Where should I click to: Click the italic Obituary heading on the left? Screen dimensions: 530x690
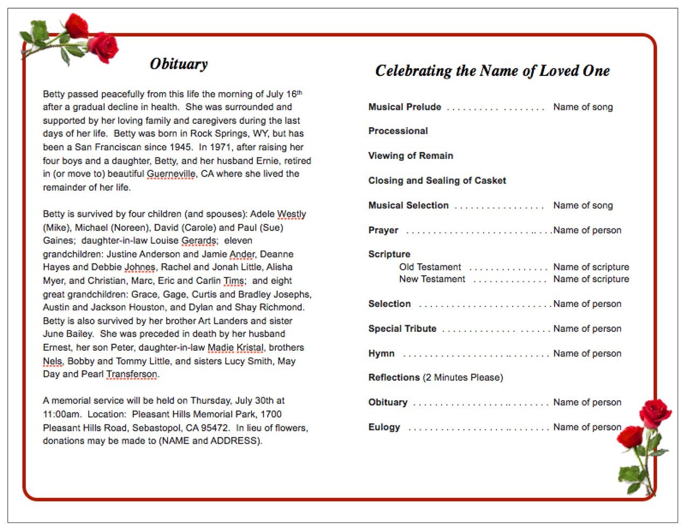click(x=178, y=64)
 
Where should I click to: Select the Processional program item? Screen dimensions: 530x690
click(x=398, y=131)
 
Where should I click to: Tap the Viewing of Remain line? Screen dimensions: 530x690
click(x=410, y=156)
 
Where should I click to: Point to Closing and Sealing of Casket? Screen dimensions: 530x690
click(x=437, y=180)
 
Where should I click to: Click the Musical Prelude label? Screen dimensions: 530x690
click(x=404, y=107)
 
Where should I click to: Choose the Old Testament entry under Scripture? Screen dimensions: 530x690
click(x=430, y=267)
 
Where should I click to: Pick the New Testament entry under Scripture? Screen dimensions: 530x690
click(x=432, y=279)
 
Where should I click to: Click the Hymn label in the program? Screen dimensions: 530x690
click(x=381, y=353)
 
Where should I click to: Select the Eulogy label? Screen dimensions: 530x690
click(x=384, y=427)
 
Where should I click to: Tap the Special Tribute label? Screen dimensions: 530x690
click(x=402, y=329)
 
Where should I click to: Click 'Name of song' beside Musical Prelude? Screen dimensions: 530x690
click(x=583, y=107)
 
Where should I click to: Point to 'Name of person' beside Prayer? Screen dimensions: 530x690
click(x=587, y=230)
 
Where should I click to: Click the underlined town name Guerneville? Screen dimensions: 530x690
click(x=171, y=174)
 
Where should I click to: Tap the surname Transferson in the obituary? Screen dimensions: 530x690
click(x=132, y=374)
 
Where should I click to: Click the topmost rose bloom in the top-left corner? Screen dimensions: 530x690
click(x=77, y=25)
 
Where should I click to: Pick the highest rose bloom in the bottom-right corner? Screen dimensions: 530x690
click(x=655, y=413)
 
